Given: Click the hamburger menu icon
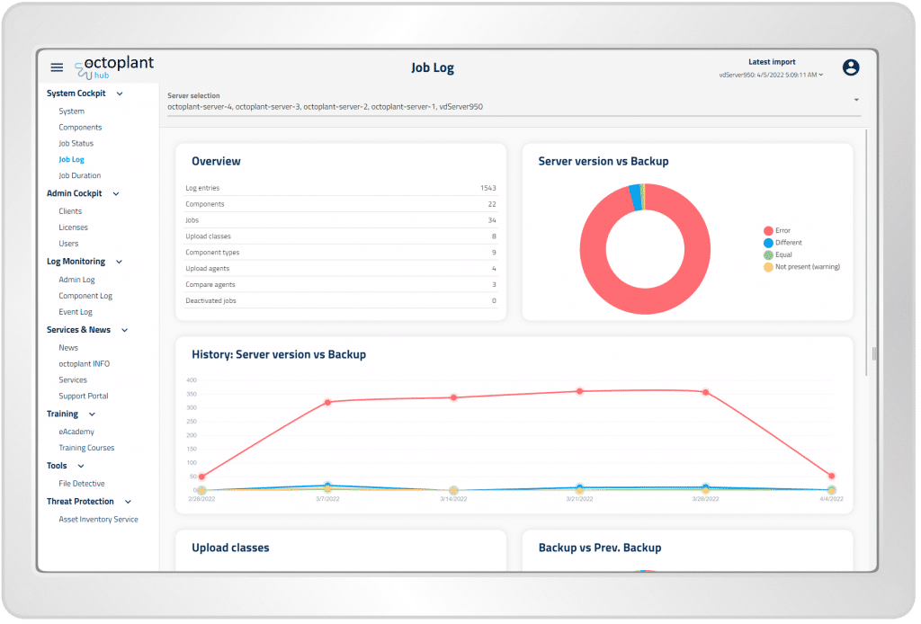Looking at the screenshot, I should pos(57,67).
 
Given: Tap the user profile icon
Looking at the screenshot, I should pos(851,67).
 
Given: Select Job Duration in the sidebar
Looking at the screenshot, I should pos(80,175).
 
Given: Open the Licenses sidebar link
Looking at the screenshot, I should pos(74,227).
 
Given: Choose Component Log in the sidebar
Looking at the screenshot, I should pos(85,296).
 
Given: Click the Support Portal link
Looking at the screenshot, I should pos(84,396).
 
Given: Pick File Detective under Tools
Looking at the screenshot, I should pos(82,484).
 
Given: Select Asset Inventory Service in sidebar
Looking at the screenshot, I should pos(98,519).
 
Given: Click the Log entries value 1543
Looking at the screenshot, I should pos(487,188).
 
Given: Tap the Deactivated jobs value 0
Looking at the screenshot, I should pos(494,300).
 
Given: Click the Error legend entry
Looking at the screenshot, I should pos(782,231).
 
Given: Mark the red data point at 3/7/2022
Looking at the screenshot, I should pos(327,402).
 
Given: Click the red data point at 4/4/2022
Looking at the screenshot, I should pos(831,476).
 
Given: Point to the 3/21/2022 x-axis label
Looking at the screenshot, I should pos(579,497).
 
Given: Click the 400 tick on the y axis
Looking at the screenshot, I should pos(191,380).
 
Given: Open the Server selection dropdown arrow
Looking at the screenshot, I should pos(856,100).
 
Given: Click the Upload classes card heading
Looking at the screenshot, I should pos(230,548).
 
